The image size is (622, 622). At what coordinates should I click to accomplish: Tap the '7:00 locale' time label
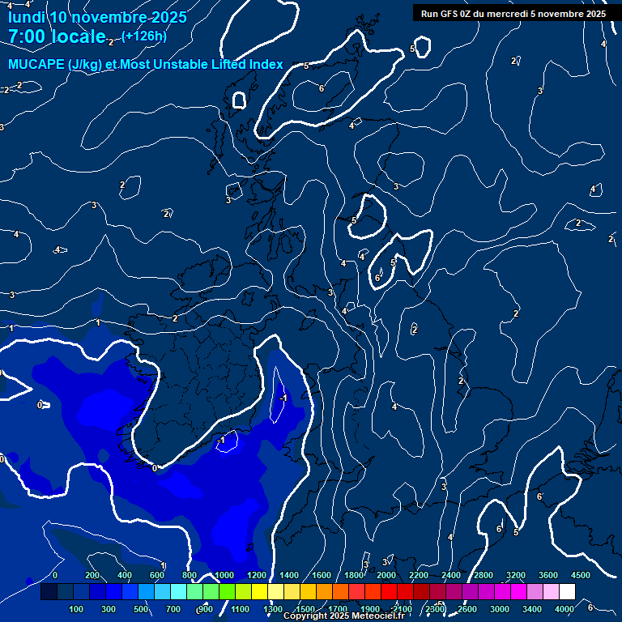[57, 37]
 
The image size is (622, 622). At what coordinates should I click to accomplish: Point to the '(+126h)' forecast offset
[143, 36]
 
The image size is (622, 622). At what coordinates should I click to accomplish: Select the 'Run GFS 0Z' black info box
[513, 13]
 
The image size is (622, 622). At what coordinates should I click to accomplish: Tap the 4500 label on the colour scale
[580, 575]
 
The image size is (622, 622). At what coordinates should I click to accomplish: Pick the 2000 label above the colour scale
[386, 575]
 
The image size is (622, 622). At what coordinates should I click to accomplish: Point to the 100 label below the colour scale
[77, 609]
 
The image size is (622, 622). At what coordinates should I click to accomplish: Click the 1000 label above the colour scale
[224, 575]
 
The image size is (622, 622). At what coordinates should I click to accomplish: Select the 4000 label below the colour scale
[564, 609]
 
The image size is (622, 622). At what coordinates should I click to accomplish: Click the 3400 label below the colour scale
[532, 609]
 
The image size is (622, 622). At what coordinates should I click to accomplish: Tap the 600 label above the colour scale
[158, 575]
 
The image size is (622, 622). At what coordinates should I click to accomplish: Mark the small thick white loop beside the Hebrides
[238, 100]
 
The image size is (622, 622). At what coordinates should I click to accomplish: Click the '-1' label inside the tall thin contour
[283, 398]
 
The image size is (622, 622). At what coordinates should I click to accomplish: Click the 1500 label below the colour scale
[305, 609]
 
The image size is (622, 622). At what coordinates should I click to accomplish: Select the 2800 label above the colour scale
[484, 575]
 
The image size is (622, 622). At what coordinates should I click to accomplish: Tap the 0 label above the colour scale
[55, 575]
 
